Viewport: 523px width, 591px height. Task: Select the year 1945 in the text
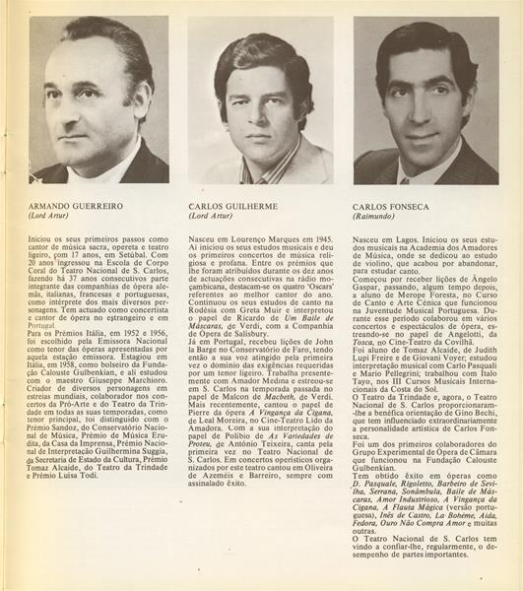(322, 238)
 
